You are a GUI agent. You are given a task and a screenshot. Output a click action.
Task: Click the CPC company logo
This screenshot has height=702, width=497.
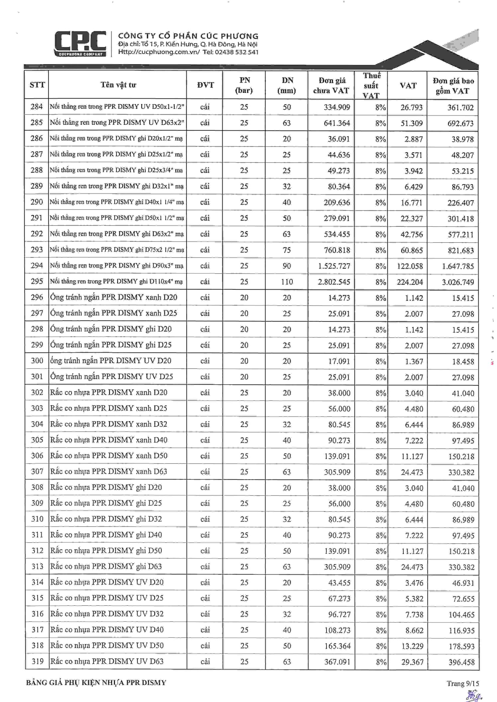pyautogui.click(x=80, y=43)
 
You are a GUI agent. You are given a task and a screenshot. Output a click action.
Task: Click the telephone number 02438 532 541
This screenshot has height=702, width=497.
pyautogui.click(x=236, y=52)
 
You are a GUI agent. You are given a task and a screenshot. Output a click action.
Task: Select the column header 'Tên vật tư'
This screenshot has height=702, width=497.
pyautogui.click(x=118, y=85)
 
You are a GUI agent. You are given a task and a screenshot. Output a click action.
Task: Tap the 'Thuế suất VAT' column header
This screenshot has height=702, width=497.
pyautogui.click(x=371, y=85)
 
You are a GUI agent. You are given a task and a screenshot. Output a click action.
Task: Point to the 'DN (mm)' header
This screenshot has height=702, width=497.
pyautogui.click(x=287, y=85)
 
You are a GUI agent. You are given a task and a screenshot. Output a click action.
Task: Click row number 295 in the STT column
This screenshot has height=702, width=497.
pyautogui.click(x=37, y=281)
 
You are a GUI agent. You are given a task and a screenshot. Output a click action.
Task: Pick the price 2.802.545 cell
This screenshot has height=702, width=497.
pyautogui.click(x=334, y=282)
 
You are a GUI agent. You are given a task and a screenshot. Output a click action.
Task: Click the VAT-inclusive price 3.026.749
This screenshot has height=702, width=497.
pyautogui.click(x=458, y=282)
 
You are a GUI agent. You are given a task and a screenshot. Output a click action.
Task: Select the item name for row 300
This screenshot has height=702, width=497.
pyautogui.click(x=111, y=361)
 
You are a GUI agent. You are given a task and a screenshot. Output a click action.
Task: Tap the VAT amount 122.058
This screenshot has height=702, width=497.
pyautogui.click(x=410, y=266)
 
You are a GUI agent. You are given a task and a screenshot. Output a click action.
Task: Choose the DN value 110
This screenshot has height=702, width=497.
pyautogui.click(x=287, y=282)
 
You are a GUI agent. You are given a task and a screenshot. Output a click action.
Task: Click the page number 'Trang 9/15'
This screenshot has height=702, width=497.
pyautogui.click(x=462, y=684)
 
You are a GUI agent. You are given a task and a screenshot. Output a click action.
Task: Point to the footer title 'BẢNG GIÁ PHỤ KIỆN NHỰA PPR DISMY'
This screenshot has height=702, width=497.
pyautogui.click(x=96, y=683)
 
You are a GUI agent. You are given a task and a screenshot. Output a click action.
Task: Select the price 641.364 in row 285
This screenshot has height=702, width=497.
pyautogui.click(x=337, y=123)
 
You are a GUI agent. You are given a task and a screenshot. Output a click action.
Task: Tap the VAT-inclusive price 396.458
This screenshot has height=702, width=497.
pyautogui.click(x=462, y=662)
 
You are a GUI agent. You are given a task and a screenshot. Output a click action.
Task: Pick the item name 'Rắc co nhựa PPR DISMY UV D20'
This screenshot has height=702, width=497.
pyautogui.click(x=107, y=582)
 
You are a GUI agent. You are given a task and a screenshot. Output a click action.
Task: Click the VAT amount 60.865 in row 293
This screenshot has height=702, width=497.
pyautogui.click(x=412, y=250)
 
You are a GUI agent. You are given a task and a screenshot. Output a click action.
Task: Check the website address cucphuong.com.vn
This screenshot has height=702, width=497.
pyautogui.click(x=159, y=52)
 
